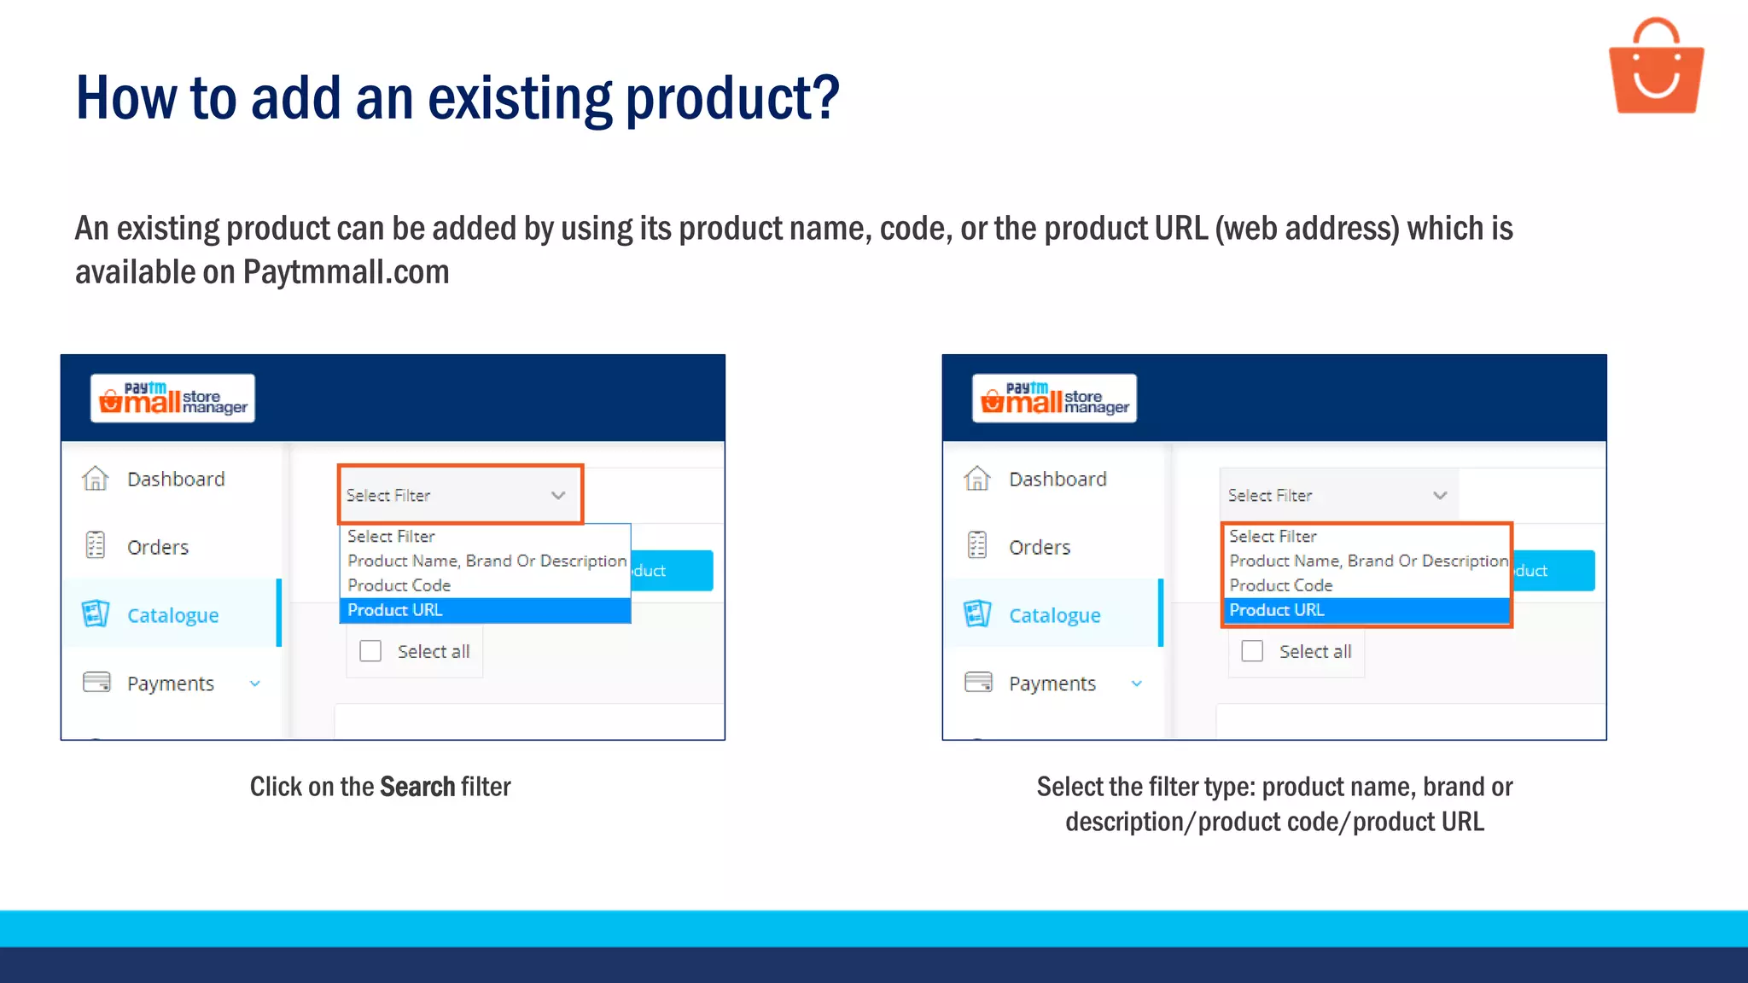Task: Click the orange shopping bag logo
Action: click(1656, 68)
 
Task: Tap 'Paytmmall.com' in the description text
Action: click(346, 272)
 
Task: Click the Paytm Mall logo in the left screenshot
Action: click(172, 398)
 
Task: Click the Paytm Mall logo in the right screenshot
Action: click(1054, 398)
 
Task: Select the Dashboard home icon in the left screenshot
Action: click(95, 479)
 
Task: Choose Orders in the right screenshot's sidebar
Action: click(1039, 547)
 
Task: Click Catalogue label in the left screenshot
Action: click(172, 615)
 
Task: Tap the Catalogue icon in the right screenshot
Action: click(976, 614)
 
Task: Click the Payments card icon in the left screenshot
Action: click(96, 683)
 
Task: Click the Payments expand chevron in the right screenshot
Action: click(1136, 683)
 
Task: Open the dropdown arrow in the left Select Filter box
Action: click(558, 495)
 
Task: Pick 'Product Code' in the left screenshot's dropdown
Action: click(399, 585)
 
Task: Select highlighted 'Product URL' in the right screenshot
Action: click(1277, 610)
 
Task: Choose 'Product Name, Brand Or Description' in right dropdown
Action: click(1368, 561)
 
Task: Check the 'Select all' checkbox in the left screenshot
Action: click(370, 651)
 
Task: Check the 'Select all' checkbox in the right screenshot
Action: click(1252, 651)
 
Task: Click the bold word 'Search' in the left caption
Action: click(417, 787)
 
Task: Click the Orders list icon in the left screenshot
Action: click(95, 545)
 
